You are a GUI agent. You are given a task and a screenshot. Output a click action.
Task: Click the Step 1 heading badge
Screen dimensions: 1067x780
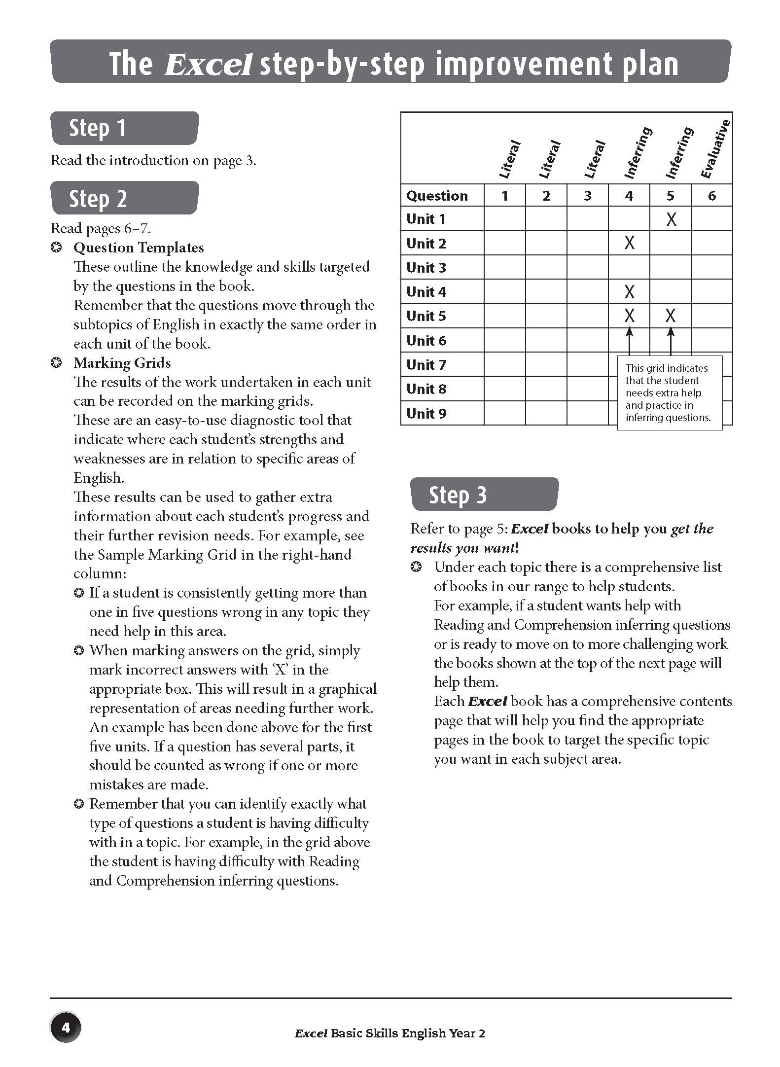(x=124, y=128)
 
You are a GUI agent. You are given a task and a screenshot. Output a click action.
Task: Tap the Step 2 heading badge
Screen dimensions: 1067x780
(x=124, y=198)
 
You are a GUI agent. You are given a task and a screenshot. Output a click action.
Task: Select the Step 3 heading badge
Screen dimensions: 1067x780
(x=484, y=494)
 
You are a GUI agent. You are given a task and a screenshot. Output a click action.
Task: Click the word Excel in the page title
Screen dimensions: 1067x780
(x=209, y=65)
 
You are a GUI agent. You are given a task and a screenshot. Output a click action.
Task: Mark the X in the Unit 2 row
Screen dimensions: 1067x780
(x=629, y=243)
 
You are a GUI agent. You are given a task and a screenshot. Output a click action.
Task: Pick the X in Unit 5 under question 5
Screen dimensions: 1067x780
(x=671, y=316)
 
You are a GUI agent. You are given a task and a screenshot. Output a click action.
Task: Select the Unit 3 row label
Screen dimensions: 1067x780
(x=426, y=268)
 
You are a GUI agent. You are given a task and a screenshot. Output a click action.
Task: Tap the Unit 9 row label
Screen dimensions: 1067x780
(x=426, y=413)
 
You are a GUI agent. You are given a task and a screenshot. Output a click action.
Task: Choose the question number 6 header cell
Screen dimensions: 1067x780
(x=711, y=196)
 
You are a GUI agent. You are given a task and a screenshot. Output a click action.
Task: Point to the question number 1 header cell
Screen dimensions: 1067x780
(x=504, y=196)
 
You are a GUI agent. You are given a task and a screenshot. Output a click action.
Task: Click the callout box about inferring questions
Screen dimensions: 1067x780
(x=669, y=393)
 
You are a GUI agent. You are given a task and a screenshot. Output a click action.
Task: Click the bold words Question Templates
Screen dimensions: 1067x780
(x=139, y=248)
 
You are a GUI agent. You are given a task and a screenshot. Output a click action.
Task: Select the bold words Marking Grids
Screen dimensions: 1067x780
(x=122, y=363)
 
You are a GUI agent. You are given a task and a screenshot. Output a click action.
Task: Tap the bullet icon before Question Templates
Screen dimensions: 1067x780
(x=57, y=248)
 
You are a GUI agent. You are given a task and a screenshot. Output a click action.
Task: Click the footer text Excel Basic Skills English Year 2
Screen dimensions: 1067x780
(x=390, y=1033)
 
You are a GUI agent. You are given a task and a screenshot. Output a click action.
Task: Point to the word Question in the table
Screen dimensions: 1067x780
(x=437, y=196)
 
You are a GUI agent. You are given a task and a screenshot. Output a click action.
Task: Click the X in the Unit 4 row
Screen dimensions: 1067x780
(x=629, y=292)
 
